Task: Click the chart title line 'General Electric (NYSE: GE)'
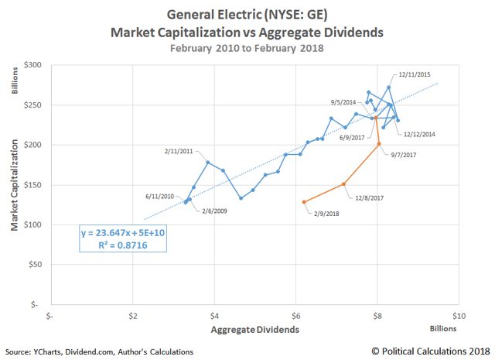pos(247,15)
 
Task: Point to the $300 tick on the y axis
pos(33,65)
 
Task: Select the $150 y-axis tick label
pos(33,185)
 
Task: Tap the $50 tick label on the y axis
pos(36,265)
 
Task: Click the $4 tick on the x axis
pos(214,316)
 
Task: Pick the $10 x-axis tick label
pos(457,316)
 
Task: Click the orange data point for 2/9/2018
pos(304,202)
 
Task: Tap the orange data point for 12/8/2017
pos(344,184)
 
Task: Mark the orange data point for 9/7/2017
pos(379,144)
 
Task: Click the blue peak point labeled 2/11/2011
pos(208,162)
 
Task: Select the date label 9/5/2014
pos(343,102)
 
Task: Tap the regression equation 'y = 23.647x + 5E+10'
pos(122,232)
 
